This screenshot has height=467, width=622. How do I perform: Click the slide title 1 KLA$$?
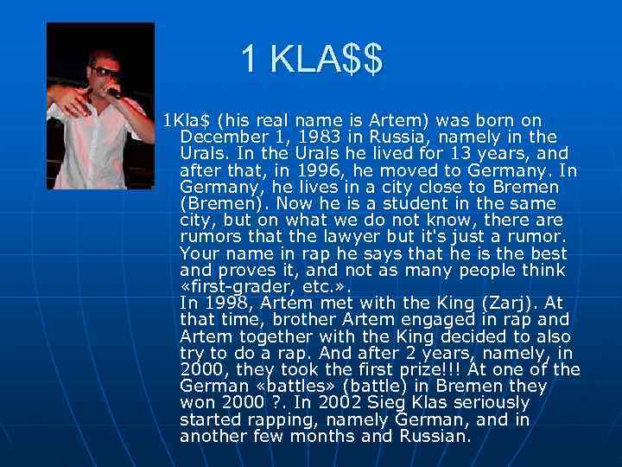pyautogui.click(x=311, y=60)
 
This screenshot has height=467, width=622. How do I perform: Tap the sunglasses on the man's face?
pyautogui.click(x=103, y=71)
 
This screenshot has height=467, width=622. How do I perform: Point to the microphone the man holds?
pyautogui.click(x=111, y=91)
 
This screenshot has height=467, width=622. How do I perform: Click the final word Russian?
pyautogui.click(x=435, y=436)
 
